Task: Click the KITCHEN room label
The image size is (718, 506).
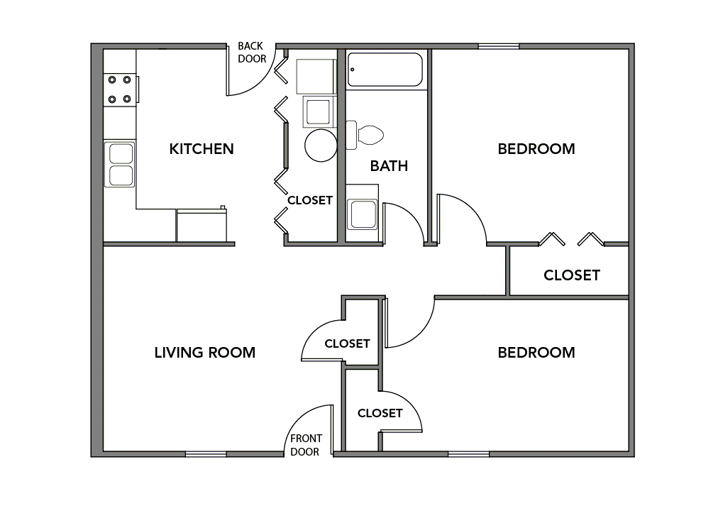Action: click(x=201, y=149)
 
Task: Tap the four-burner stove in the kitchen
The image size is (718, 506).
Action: click(x=119, y=89)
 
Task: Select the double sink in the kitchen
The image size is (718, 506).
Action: click(x=120, y=165)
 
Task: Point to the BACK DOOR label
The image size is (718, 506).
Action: click(x=252, y=53)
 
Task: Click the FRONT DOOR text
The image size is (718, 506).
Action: click(x=306, y=445)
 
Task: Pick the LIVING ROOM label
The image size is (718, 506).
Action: click(x=204, y=353)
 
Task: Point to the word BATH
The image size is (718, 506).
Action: click(x=389, y=166)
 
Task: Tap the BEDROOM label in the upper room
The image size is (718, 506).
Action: click(x=536, y=149)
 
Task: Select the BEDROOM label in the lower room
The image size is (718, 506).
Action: click(x=536, y=353)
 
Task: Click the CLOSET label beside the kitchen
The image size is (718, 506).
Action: click(x=309, y=201)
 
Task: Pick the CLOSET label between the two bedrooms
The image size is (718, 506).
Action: click(x=571, y=275)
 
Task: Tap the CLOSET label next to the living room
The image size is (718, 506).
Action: click(x=347, y=343)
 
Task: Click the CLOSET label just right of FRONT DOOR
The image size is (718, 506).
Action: click(x=380, y=413)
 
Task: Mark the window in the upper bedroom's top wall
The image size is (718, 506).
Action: click(x=498, y=47)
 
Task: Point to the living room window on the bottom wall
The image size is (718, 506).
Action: click(x=206, y=453)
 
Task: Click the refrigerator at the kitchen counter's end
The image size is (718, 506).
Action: click(x=201, y=226)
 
